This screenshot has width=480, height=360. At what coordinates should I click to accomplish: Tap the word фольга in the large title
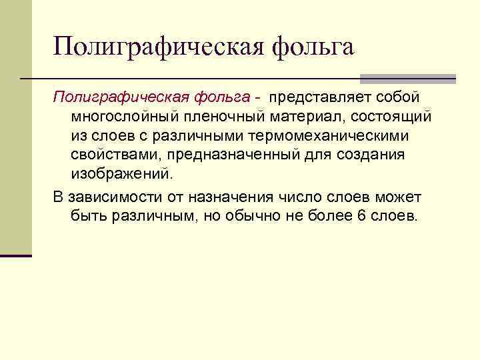(x=313, y=47)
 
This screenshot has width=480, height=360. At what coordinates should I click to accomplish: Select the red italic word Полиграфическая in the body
(x=118, y=97)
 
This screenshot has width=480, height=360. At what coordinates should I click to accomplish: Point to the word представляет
(x=322, y=97)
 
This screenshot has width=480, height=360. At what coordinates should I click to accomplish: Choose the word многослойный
(x=125, y=117)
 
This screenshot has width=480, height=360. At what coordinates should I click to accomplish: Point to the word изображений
(x=121, y=175)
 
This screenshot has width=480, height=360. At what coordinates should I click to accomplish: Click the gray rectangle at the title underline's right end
(x=407, y=79)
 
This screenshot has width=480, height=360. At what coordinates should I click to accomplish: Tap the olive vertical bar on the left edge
(x=15, y=127)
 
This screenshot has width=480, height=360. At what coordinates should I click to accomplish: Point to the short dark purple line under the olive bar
(x=15, y=255)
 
